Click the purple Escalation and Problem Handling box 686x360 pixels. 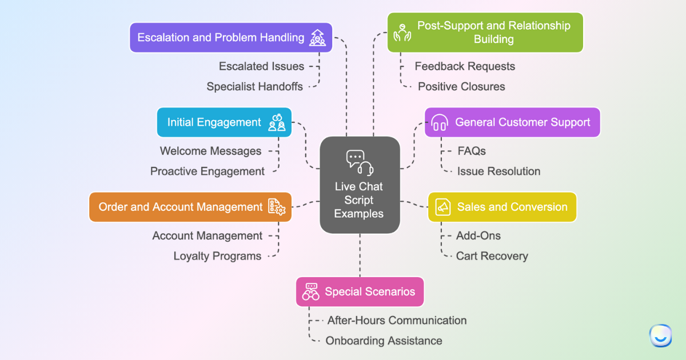[x=231, y=38]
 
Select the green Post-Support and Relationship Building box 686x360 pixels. [x=485, y=33]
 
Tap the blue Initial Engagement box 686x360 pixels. [x=224, y=122]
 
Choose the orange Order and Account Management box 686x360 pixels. [x=190, y=207]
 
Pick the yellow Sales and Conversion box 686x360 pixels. [x=502, y=207]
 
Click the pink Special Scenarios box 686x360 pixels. [x=360, y=291]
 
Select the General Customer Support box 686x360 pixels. [x=512, y=122]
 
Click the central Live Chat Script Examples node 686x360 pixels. [x=359, y=185]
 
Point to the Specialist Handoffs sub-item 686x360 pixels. [x=255, y=87]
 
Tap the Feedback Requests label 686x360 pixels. [x=465, y=66]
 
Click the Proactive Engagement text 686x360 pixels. [x=208, y=171]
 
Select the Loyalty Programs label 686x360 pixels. [x=217, y=256]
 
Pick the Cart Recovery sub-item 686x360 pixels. [x=492, y=256]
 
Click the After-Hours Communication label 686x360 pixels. [x=397, y=321]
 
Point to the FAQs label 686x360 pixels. [x=472, y=151]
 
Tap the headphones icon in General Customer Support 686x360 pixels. [x=439, y=122]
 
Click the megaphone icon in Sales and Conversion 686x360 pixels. [x=443, y=207]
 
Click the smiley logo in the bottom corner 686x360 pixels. [x=660, y=335]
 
